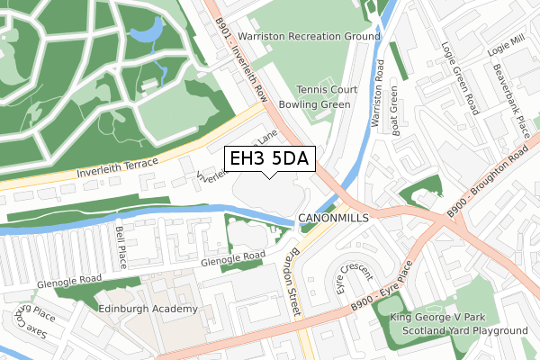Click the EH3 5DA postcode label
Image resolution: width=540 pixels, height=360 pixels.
click(x=269, y=159)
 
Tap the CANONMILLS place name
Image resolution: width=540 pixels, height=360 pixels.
click(x=334, y=219)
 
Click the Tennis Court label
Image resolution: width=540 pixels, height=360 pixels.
click(x=328, y=90)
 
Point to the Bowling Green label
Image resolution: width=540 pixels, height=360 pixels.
click(x=326, y=104)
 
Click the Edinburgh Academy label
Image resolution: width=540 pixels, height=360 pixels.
click(x=148, y=309)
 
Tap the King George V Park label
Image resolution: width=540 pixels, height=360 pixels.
click(x=436, y=317)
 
